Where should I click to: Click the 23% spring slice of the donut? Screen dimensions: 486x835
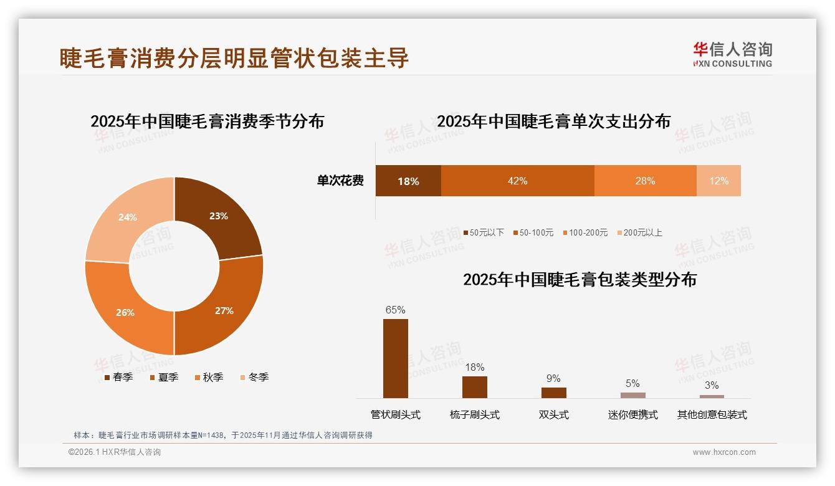[x=218, y=216]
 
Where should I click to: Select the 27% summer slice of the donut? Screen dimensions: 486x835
[x=224, y=310]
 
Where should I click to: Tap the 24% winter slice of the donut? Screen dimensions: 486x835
[x=128, y=217]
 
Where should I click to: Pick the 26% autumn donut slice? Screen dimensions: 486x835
[x=125, y=312]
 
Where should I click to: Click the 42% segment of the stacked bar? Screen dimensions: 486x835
[x=517, y=181]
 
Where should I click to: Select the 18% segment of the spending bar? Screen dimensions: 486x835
[x=408, y=181]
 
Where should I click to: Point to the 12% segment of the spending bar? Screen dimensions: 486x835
[x=718, y=181]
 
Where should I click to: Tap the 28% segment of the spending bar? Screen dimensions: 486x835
[x=645, y=181]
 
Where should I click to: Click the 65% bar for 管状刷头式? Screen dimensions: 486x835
[x=395, y=358]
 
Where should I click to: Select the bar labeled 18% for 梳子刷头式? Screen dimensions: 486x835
[x=474, y=387]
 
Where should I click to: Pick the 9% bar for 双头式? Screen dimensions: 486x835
[x=553, y=393]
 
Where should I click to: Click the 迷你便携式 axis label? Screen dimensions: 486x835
[x=632, y=415]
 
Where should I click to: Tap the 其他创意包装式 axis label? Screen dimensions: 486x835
[x=712, y=415]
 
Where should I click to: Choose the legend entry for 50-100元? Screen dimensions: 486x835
[x=533, y=232]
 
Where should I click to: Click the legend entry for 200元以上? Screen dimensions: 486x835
[x=640, y=232]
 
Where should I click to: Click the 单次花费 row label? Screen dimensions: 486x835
[x=340, y=181]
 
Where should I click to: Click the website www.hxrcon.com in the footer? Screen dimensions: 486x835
[x=724, y=452]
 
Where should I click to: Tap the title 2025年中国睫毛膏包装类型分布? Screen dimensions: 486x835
[x=580, y=279]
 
